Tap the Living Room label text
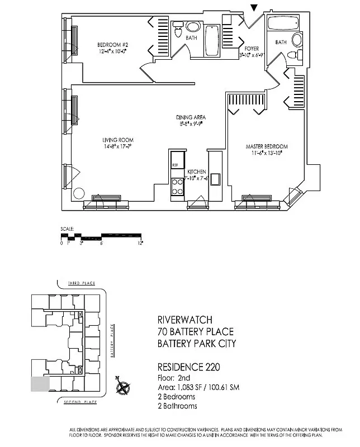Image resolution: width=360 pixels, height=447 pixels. [x=117, y=140]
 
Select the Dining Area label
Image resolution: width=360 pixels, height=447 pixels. [x=191, y=118]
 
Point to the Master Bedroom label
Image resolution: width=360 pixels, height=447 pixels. [x=267, y=147]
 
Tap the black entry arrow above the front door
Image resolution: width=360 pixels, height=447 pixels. [x=254, y=7]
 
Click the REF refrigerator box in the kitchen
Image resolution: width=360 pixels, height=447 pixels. [x=176, y=165]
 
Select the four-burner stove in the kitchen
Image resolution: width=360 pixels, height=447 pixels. [x=177, y=186]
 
